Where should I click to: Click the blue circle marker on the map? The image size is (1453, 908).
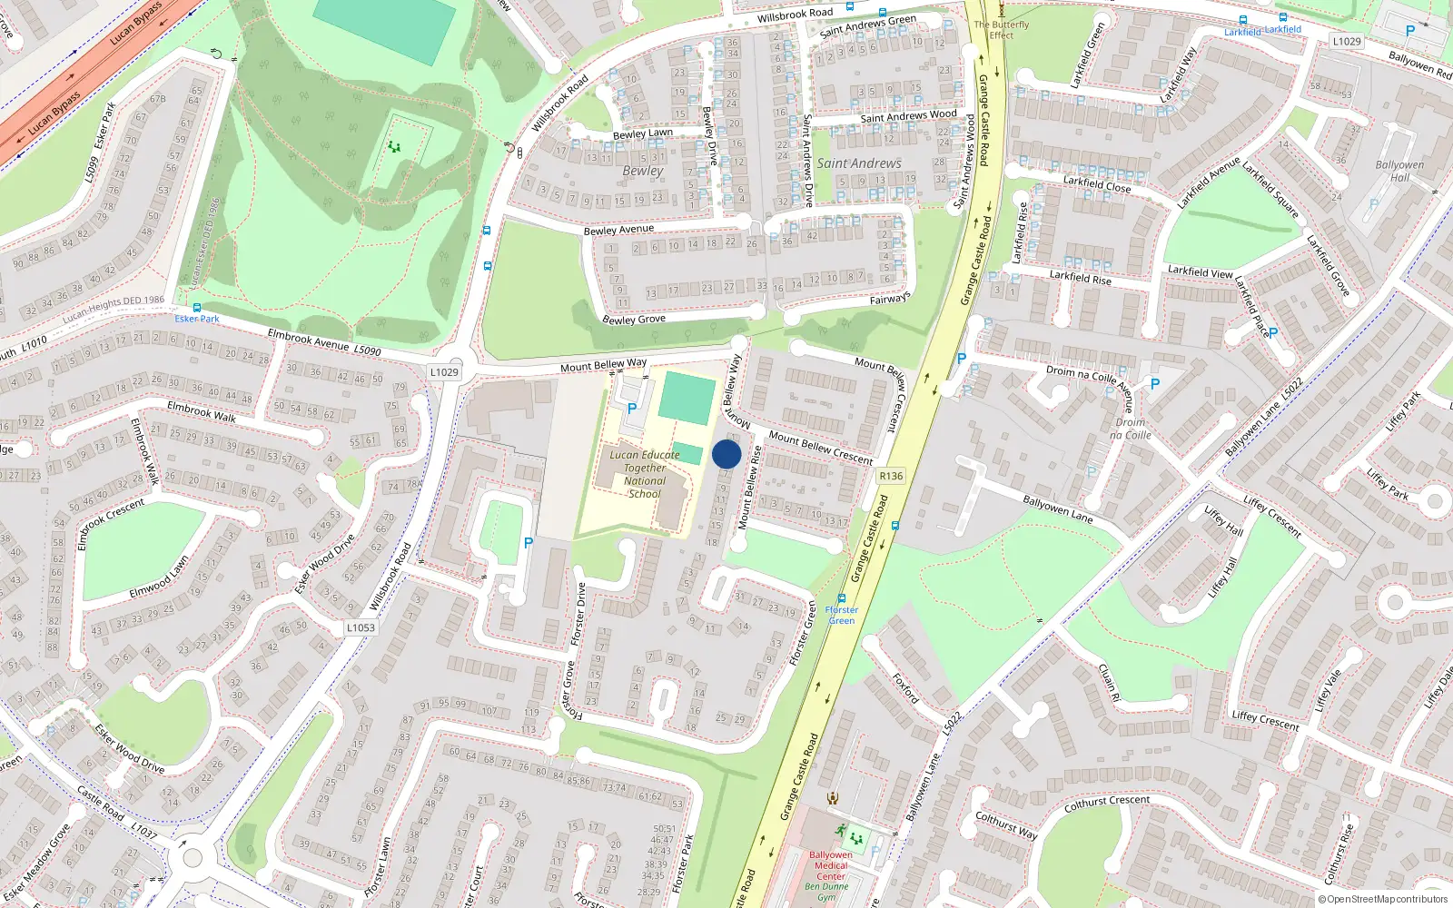[x=726, y=454]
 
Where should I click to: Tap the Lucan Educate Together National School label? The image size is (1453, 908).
[x=645, y=474]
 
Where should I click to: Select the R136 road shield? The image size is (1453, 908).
[x=891, y=476]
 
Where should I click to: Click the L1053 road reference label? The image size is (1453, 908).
[x=361, y=627]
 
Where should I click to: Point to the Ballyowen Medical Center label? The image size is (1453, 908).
[x=830, y=865]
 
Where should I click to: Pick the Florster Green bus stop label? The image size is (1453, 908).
[x=841, y=615]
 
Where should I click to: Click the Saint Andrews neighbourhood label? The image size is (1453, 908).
[x=859, y=163]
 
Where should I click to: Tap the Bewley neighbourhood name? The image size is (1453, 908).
[x=643, y=171]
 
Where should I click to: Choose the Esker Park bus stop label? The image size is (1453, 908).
[x=197, y=319]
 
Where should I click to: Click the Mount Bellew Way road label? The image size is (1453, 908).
[x=603, y=365]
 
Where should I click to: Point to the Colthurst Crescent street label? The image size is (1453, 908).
[x=1106, y=803]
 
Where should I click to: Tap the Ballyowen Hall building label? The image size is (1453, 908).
[x=1399, y=171]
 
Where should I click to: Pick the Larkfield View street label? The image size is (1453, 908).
[x=1200, y=271]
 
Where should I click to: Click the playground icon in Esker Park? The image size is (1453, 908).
[x=394, y=146]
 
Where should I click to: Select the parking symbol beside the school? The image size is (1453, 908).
[x=632, y=409]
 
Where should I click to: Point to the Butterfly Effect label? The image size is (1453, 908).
[x=1002, y=30]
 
